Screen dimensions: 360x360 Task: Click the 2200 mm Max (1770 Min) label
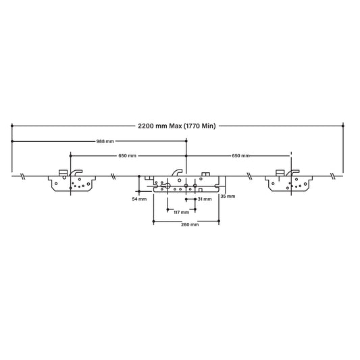point(178,126)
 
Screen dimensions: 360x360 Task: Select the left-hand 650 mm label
point(126,156)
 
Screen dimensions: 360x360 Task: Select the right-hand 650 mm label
point(240,156)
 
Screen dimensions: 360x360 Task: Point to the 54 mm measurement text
point(138,200)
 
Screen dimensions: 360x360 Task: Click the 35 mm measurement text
point(228,196)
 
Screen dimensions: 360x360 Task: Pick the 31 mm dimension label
point(205,200)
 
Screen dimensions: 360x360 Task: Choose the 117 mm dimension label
point(180,212)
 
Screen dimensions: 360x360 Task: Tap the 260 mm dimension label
point(190,224)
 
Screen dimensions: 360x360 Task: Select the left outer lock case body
point(73,183)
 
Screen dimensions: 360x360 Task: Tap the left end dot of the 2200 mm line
point(12,126)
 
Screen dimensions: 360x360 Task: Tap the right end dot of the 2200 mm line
point(343,126)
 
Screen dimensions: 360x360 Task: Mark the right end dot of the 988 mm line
point(188,141)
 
